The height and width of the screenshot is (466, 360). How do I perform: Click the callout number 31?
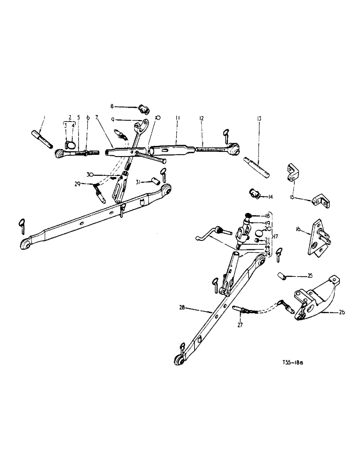pyautogui.click(x=138, y=181)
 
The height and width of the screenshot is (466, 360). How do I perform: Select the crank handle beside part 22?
pyautogui.click(x=208, y=234)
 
